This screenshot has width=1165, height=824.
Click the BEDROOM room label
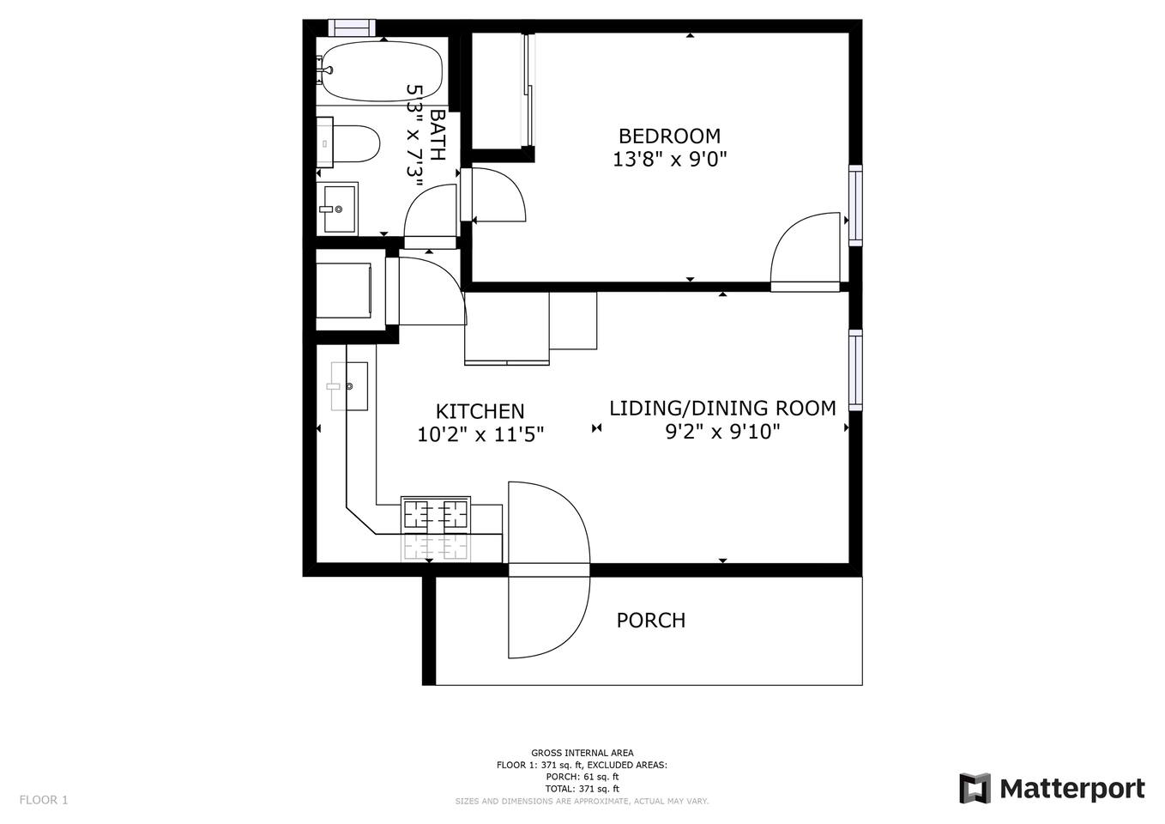[x=669, y=136]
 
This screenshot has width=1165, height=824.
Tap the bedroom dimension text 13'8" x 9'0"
[x=669, y=159]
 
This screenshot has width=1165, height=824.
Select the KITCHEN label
[x=480, y=411]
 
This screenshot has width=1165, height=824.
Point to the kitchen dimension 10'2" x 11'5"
[x=480, y=433]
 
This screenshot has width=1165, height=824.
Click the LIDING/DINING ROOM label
[x=722, y=409]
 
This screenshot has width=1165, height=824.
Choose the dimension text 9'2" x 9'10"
[x=723, y=431]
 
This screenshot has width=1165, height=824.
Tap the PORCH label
[x=650, y=621]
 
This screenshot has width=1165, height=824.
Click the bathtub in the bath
[x=381, y=70]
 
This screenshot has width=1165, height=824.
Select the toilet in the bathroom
[x=349, y=142]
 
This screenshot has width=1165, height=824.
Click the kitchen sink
[x=348, y=386]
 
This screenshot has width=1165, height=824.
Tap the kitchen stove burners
[x=436, y=514]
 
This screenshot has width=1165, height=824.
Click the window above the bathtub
[x=352, y=27]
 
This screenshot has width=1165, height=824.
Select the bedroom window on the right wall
[x=855, y=205]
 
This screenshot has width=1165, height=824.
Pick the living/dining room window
[x=855, y=370]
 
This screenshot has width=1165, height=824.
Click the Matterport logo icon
[x=975, y=789]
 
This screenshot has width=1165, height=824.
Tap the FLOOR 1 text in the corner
[x=44, y=800]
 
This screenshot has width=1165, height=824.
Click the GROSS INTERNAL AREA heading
[x=582, y=753]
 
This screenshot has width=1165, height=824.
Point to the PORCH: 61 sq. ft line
[x=582, y=777]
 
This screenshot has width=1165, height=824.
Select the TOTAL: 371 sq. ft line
[x=582, y=789]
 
